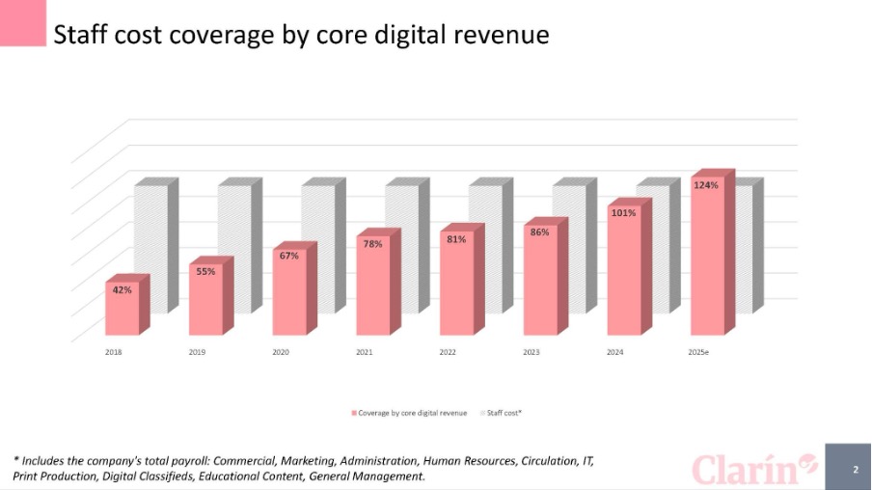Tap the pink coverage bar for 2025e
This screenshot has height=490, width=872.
[707, 260]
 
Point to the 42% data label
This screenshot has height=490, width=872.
[123, 289]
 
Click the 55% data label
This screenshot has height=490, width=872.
[205, 271]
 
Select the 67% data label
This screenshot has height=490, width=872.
[289, 256]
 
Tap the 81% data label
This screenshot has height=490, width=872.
[456, 239]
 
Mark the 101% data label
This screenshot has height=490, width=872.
[623, 212]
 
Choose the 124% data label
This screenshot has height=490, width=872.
[706, 185]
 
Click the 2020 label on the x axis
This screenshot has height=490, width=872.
[281, 353]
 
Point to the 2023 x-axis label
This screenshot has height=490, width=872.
[531, 353]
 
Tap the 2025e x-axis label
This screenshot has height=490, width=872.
[698, 353]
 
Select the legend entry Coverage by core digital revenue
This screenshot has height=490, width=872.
[411, 413]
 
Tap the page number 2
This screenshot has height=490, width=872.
[854, 470]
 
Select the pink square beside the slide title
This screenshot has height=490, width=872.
[22, 23]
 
